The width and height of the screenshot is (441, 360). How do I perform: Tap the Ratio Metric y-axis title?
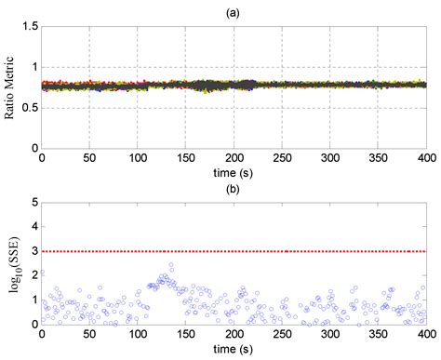point(12,87)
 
